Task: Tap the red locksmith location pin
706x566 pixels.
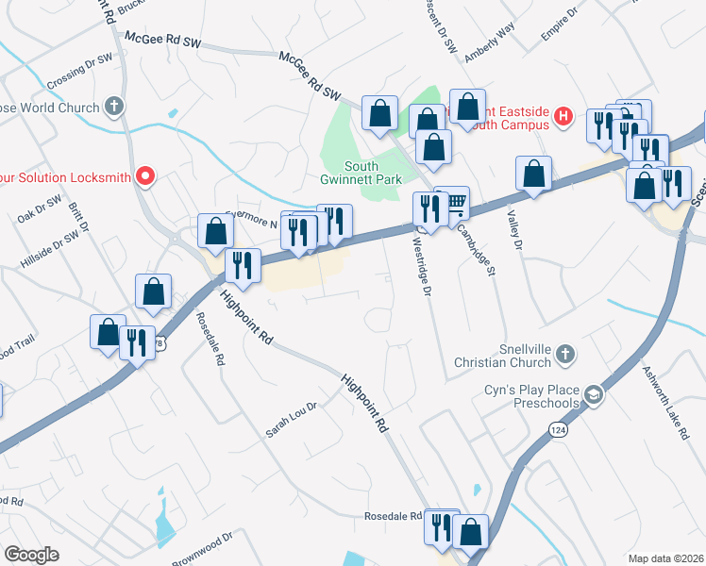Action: click(144, 175)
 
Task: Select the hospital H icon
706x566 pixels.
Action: click(563, 116)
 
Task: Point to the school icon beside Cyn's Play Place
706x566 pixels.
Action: click(594, 394)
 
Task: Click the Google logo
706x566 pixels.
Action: click(31, 554)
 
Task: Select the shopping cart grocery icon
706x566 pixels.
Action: click(456, 201)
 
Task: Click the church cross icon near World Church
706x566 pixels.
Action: click(114, 106)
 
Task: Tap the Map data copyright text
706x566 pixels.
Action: click(665, 558)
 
